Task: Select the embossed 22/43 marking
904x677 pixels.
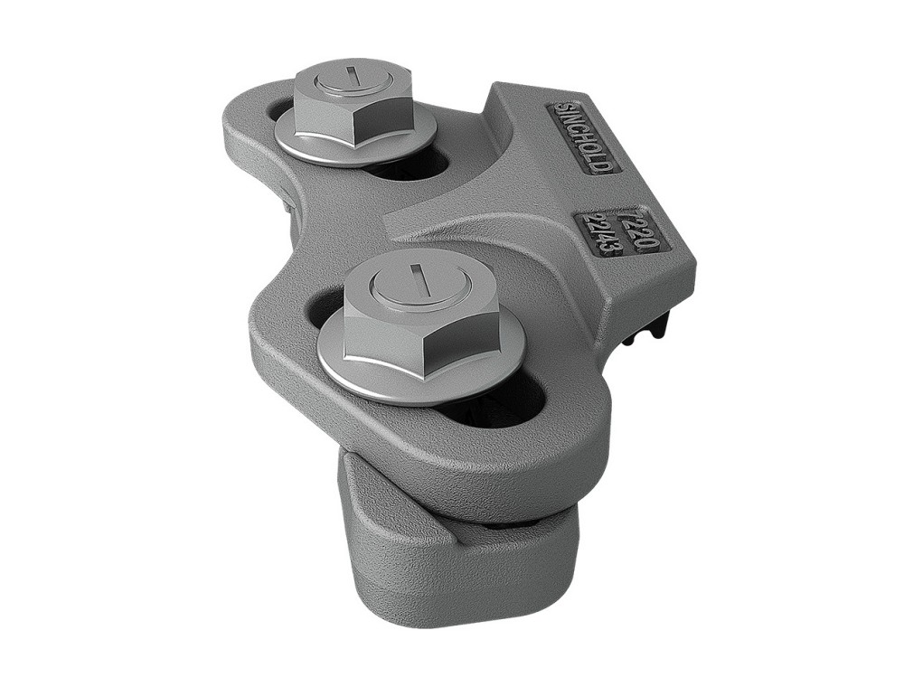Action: (x=601, y=232)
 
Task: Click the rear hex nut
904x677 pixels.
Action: (x=352, y=104)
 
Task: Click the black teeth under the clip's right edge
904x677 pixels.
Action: (x=655, y=326)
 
